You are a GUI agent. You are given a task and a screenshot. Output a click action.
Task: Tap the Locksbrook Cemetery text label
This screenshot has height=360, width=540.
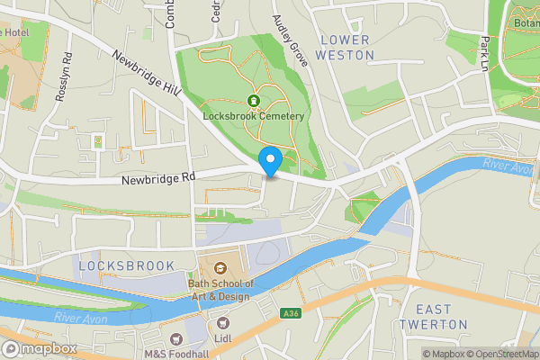pos(255,117)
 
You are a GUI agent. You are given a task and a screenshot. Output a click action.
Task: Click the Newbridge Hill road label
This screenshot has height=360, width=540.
pos(146,73)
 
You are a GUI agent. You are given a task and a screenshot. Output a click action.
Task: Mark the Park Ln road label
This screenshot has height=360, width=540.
pos(485,53)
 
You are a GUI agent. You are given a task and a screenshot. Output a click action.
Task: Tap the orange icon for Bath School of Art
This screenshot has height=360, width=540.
pos(221,266)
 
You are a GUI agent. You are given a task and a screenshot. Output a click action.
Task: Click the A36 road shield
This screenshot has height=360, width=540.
pos(290,313)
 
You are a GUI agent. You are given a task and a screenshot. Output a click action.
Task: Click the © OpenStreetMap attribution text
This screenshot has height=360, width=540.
pos(495,354)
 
